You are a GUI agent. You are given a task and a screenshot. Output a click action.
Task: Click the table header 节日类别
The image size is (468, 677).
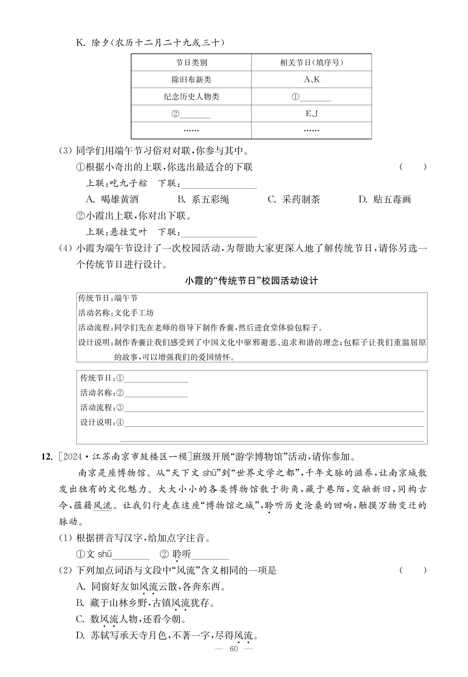point(191,62)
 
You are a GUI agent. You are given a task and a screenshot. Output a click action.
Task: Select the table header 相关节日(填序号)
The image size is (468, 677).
point(311,62)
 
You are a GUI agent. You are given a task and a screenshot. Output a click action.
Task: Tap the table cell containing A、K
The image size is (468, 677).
point(311,79)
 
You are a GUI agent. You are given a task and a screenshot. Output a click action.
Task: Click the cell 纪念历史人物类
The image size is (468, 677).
point(191,96)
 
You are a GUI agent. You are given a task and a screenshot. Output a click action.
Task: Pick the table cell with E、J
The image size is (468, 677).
point(311,114)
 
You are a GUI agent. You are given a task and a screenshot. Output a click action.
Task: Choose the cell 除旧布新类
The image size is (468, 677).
point(191,79)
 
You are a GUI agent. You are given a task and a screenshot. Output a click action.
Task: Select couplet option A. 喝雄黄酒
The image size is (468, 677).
point(112,200)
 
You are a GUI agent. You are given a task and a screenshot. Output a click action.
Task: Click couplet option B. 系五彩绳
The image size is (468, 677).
point(203,200)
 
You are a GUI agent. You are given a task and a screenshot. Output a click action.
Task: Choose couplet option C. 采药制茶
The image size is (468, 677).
point(294,200)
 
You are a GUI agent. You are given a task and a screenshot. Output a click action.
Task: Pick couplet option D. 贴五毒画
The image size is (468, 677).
point(385,200)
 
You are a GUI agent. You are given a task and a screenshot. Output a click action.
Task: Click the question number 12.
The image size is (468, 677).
point(47,457)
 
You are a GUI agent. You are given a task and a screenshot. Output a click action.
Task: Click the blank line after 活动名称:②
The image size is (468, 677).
point(156,393)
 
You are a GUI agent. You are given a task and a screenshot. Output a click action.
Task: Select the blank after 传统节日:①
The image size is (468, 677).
point(156,379)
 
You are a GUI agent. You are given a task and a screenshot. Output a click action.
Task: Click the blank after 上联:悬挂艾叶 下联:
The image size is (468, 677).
point(219,233)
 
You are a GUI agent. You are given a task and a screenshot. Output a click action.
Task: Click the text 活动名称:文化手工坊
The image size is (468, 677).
point(116,313)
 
